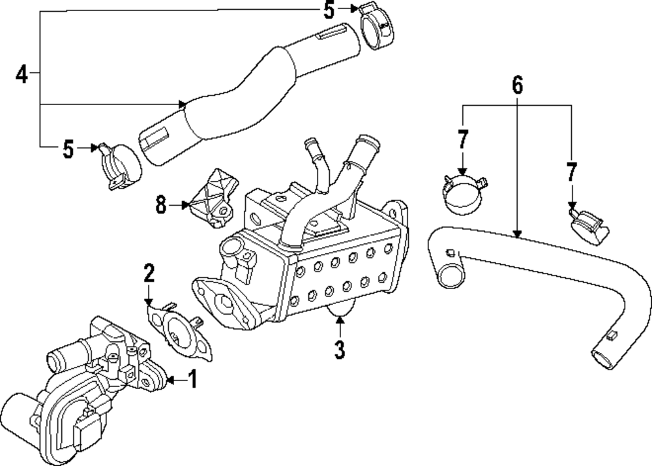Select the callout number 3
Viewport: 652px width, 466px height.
click(x=339, y=349)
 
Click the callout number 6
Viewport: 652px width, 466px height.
click(x=517, y=85)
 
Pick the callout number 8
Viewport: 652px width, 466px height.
click(x=161, y=205)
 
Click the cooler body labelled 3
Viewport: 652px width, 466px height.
click(x=313, y=261)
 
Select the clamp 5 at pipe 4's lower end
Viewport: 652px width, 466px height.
click(x=119, y=164)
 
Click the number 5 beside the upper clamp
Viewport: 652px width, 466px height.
click(x=329, y=10)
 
